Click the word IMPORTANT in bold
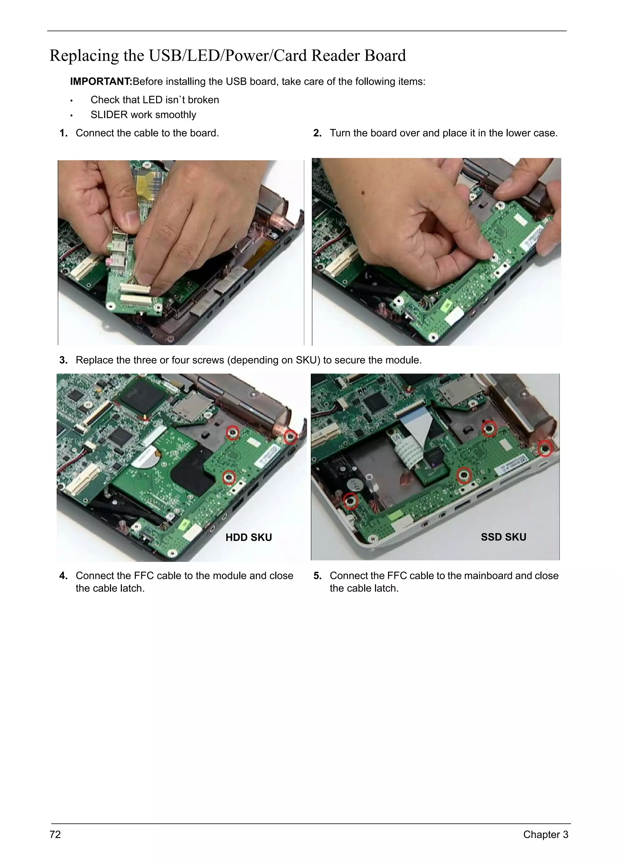(101, 81)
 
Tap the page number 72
(55, 834)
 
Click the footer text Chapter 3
(545, 834)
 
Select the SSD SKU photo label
(503, 537)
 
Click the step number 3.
(63, 360)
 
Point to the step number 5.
(317, 575)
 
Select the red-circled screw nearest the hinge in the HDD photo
(291, 436)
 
